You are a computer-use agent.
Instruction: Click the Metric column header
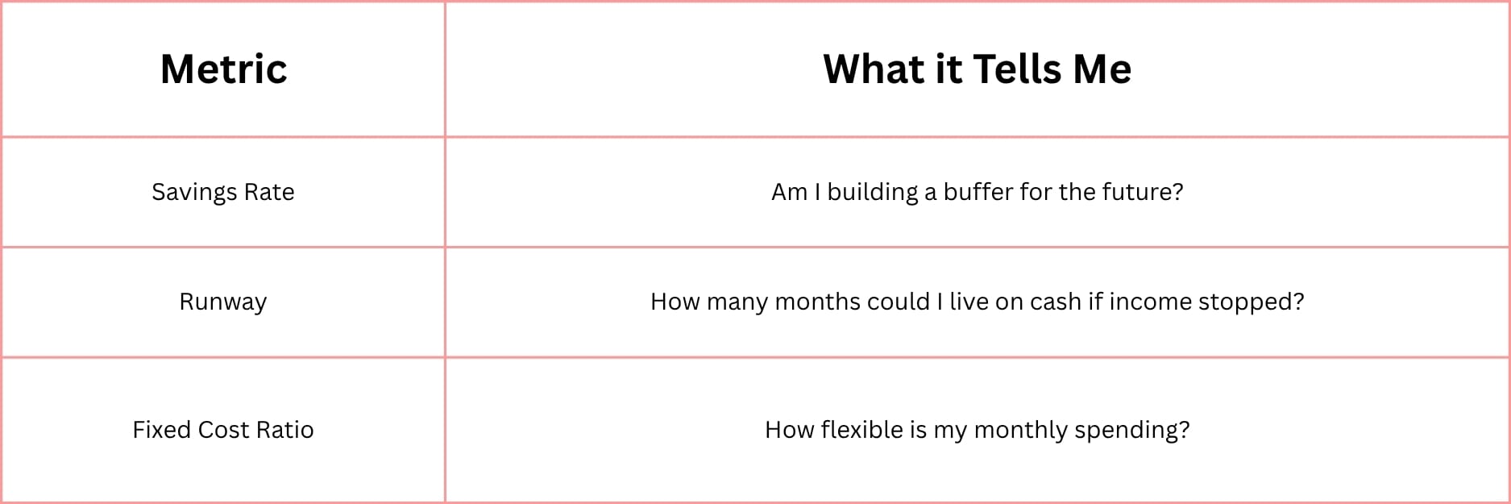(223, 69)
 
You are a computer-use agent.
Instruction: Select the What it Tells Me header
(977, 69)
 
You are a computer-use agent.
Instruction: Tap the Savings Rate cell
(223, 192)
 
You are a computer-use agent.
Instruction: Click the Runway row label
(223, 302)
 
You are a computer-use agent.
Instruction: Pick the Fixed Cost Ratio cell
(223, 430)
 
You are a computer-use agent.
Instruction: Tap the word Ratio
(284, 430)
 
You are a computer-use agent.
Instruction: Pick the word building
(873, 192)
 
